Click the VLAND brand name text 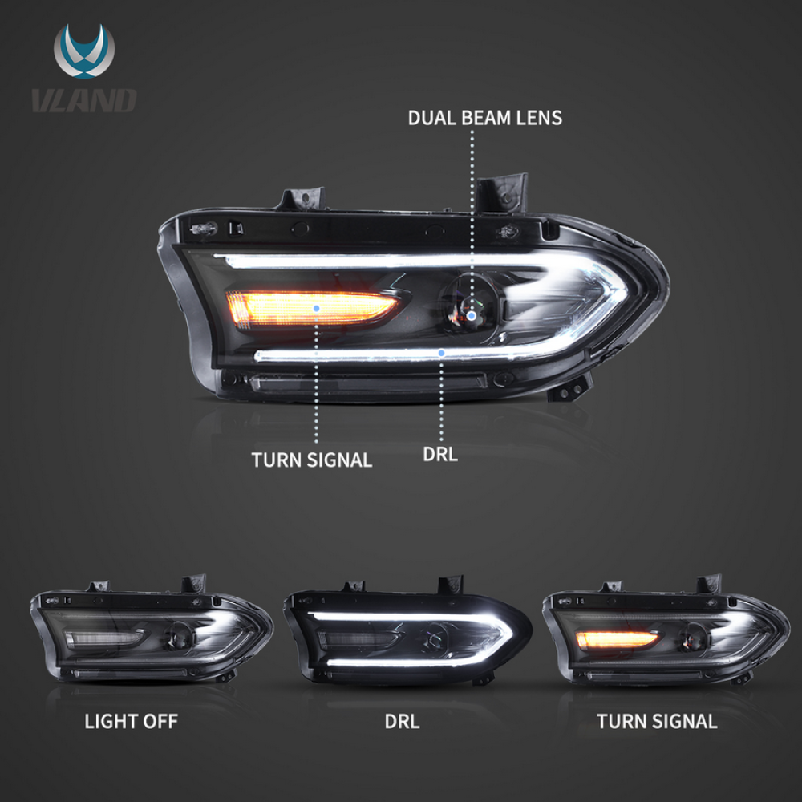[84, 100]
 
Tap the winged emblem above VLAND [84, 55]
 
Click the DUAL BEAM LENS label [485, 118]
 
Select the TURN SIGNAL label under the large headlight [312, 460]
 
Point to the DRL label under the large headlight [440, 454]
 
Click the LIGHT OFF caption [132, 721]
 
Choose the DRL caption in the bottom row [402, 721]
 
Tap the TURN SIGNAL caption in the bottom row [657, 721]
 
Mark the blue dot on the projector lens [472, 316]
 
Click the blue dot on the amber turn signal [317, 307]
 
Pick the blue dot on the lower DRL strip [442, 351]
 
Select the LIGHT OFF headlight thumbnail [151, 634]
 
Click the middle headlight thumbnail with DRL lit [407, 634]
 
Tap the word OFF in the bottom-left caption [160, 721]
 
